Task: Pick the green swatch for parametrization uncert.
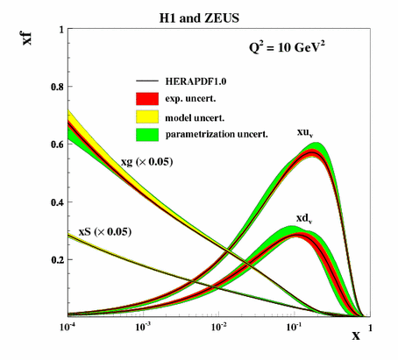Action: click(146, 132)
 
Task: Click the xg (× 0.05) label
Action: click(148, 163)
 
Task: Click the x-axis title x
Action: click(356, 335)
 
